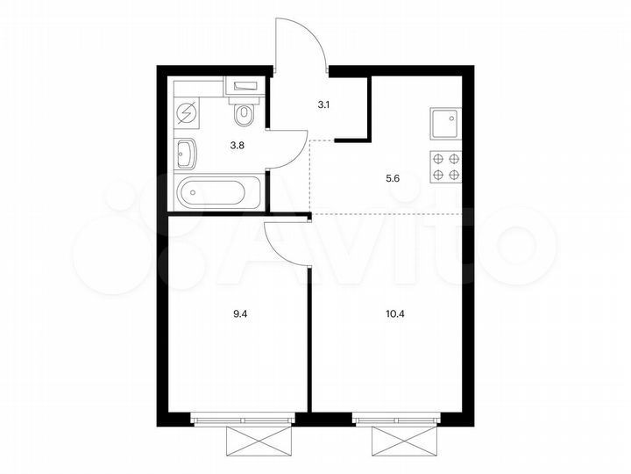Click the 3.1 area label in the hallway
pos(323,103)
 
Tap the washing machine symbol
pos(188,114)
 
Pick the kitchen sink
pos(445,122)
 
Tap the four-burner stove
pos(445,166)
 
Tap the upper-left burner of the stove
pos(437,159)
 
